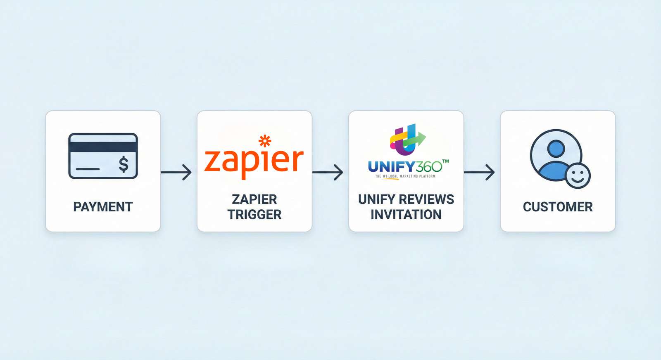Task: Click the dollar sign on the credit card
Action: tap(124, 164)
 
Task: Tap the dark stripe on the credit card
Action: tap(103, 147)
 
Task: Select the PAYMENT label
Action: tap(103, 207)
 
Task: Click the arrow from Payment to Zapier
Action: tap(176, 172)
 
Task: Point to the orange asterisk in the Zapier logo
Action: tap(265, 141)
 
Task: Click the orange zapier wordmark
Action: tap(254, 161)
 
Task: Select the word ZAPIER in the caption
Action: tap(254, 199)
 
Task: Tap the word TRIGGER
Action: tap(254, 215)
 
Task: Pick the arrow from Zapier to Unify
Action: tap(328, 172)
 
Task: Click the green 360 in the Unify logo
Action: tap(429, 167)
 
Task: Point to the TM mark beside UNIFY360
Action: tap(445, 161)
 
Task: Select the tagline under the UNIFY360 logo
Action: tap(405, 176)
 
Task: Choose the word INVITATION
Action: tap(406, 215)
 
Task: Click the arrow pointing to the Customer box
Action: tap(480, 172)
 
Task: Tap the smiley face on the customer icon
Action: tap(578, 175)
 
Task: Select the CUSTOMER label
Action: tap(558, 207)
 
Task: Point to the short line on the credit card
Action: tap(88, 169)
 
